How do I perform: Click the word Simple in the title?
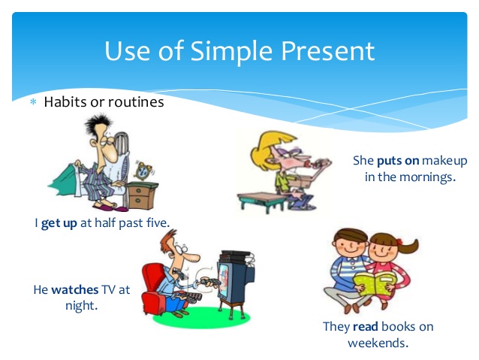pyautogui.click(x=231, y=51)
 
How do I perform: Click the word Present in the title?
pyautogui.click(x=328, y=51)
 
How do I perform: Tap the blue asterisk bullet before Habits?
pyautogui.click(x=33, y=102)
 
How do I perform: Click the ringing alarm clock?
pyautogui.click(x=143, y=171)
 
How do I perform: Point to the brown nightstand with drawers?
pyautogui.click(x=143, y=195)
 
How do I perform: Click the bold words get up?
pyautogui.click(x=59, y=223)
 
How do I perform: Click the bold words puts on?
pyautogui.click(x=398, y=161)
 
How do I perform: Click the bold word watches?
pyautogui.click(x=75, y=289)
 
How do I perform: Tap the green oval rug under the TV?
pyautogui.click(x=202, y=317)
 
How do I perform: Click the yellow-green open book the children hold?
pyautogui.click(x=375, y=283)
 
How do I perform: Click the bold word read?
pyautogui.click(x=366, y=327)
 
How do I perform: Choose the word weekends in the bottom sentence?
pyautogui.click(x=378, y=343)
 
